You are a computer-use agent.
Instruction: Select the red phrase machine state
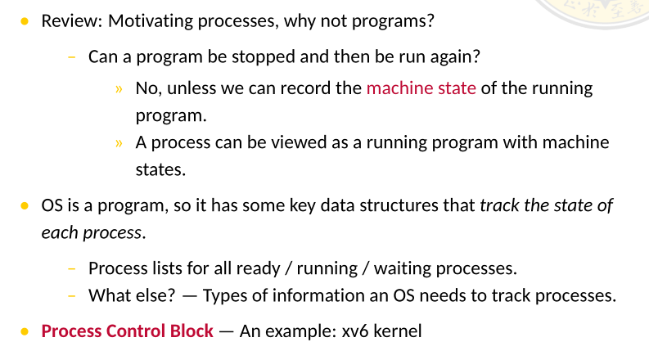(x=421, y=88)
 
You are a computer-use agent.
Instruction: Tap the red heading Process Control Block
(x=127, y=331)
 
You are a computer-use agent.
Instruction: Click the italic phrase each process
(x=92, y=232)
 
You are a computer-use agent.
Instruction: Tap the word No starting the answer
(x=146, y=88)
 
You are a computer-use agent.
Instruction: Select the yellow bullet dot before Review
(x=25, y=20)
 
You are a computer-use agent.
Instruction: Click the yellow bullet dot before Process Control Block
(x=25, y=331)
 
